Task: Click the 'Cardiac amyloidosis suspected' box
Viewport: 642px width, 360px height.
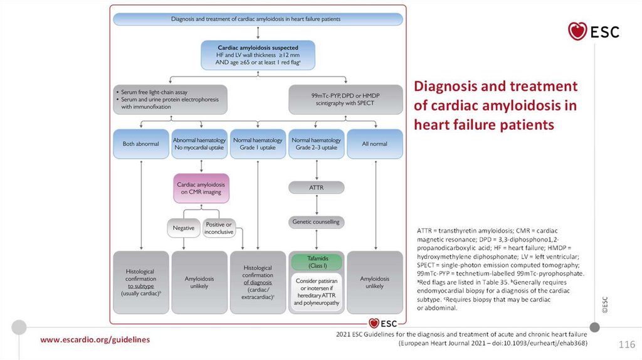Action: coord(258,55)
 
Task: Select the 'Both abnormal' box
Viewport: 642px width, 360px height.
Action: coord(141,144)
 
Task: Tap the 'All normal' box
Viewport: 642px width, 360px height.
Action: coord(374,144)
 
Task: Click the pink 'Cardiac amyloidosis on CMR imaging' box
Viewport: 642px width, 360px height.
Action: coord(200,189)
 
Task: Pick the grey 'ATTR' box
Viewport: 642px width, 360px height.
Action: coord(316,188)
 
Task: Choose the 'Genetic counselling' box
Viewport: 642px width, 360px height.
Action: coord(316,222)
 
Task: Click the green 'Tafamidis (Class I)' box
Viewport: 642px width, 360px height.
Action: coord(316,262)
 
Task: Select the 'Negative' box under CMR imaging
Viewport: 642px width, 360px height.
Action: coord(183,228)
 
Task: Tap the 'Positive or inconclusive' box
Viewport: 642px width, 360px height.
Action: coord(219,228)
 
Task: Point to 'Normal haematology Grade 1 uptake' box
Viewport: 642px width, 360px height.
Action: coord(258,144)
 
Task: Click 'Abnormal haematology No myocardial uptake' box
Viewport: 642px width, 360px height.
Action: coord(200,144)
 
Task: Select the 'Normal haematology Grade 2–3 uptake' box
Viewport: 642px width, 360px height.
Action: coord(316,144)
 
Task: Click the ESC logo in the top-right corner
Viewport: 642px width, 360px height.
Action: coord(592,31)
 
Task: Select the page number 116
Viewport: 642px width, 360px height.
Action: coord(627,345)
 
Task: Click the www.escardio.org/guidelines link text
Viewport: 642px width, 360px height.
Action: coord(95,339)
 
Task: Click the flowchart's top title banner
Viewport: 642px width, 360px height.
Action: coord(258,19)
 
